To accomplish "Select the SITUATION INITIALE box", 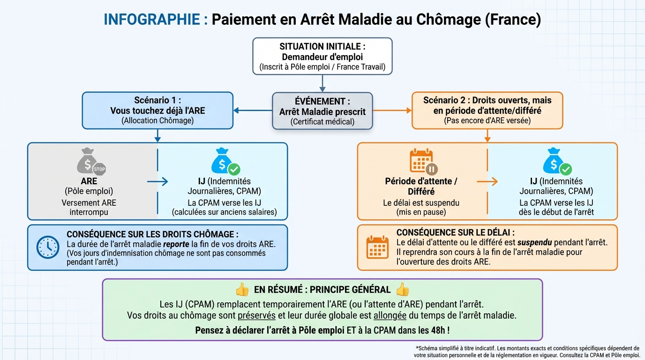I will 322,56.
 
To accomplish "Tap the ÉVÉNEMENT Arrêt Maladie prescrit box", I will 322,111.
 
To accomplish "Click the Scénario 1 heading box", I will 157,111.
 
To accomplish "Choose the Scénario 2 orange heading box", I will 487,111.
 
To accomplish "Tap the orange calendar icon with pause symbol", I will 423,162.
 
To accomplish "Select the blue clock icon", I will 48,247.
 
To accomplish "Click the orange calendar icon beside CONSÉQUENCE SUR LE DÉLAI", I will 377,247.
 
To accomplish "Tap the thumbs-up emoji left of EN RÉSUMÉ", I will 242,290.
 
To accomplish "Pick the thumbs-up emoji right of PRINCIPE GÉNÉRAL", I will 402,290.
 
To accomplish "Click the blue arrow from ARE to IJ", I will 157,181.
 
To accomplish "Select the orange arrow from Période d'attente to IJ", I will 487,181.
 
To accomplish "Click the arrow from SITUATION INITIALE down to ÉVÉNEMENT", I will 322,83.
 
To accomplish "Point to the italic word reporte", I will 176,244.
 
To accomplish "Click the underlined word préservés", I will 257,315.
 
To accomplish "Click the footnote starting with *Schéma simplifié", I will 527,352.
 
